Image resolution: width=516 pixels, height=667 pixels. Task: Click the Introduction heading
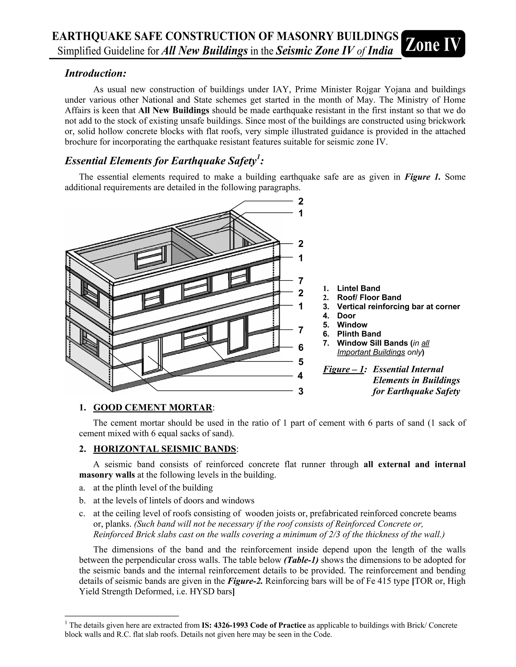coord(95,73)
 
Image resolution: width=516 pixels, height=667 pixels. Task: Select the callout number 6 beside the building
coord(301,347)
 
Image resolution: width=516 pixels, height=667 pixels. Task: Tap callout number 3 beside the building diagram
coord(301,391)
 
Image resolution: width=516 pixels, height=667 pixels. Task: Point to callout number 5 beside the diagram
coord(301,362)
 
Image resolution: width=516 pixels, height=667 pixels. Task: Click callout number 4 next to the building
coord(301,376)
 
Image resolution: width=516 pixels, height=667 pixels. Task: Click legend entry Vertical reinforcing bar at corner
coord(398,306)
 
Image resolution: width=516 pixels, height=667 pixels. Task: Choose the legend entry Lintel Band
coord(359,288)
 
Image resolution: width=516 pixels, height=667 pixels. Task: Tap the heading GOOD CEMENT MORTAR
coord(152,407)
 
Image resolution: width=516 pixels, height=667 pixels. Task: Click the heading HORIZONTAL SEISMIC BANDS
coord(165,449)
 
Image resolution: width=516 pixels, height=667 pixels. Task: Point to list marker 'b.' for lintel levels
coord(82,500)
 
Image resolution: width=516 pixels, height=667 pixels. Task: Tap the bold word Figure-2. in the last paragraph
coord(245,581)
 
